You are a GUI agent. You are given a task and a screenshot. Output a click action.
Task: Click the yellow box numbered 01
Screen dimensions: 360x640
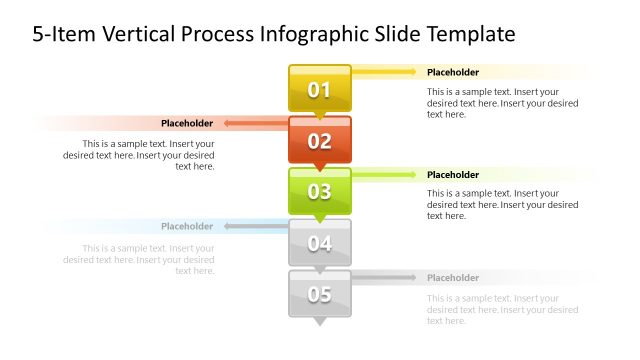tap(320, 89)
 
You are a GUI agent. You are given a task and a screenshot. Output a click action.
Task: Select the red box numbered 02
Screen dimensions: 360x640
tap(320, 140)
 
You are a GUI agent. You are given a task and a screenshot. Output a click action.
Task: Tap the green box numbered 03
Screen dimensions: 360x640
tap(320, 191)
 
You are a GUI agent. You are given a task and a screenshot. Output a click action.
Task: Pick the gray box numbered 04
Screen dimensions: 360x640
tap(320, 242)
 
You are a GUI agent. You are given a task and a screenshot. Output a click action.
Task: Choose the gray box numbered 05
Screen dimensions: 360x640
tap(320, 294)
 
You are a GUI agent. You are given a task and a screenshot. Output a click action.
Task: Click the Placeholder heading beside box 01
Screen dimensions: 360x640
tap(453, 72)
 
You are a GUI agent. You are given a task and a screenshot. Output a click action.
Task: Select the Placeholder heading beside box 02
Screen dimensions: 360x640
tap(187, 123)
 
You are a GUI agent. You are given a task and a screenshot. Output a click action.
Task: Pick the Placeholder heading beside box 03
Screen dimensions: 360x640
tap(453, 175)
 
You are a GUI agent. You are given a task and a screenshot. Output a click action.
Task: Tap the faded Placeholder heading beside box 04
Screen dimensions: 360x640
tap(187, 226)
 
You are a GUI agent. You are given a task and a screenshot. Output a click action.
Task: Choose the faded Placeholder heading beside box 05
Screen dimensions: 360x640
tap(453, 278)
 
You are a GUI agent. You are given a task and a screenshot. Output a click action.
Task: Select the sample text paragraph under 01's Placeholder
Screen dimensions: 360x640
tap(502, 102)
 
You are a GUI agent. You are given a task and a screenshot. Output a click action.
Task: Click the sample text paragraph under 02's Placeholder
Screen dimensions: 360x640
tap(139, 154)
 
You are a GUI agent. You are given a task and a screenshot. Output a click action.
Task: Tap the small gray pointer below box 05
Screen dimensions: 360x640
tap(320, 322)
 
